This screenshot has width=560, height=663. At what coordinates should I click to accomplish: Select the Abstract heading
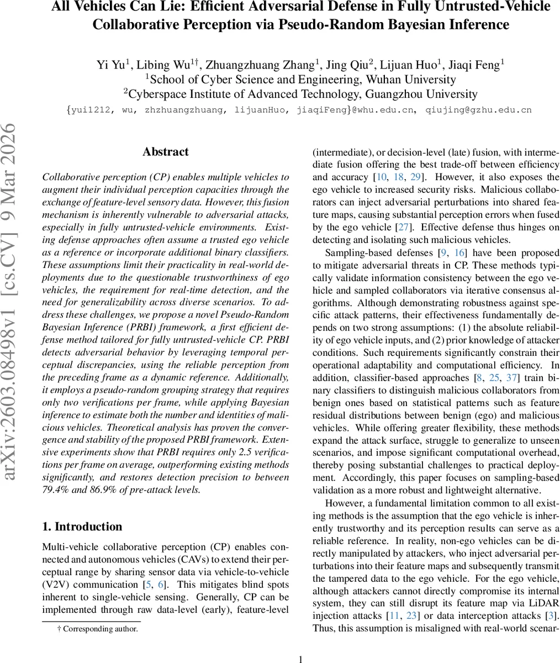click(165, 152)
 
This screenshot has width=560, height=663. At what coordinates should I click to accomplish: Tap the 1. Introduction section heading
click(82, 527)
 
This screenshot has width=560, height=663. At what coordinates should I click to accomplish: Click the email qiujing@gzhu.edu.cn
click(478, 110)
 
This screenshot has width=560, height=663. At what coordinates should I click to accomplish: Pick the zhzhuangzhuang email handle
click(184, 110)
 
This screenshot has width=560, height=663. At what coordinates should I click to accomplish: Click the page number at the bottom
click(300, 659)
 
